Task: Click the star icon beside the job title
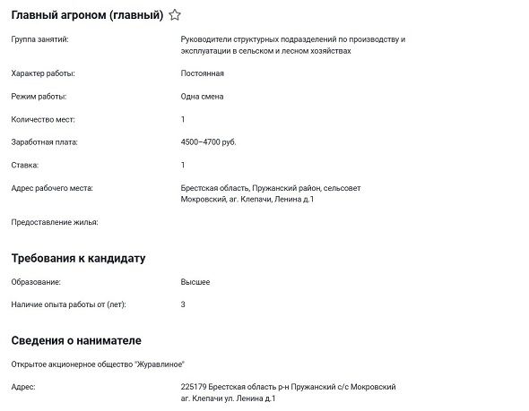coord(175,15)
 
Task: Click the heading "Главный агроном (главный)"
coord(87,15)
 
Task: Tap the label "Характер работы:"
coord(43,73)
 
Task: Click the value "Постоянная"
coord(202,73)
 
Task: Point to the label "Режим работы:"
coord(39,96)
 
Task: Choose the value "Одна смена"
coord(202,96)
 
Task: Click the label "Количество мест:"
coord(43,119)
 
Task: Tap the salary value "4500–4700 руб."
coord(208,142)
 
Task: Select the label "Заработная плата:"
coord(45,142)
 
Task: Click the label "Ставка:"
coord(25,166)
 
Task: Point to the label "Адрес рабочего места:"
coord(52,188)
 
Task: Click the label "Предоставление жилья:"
coord(54,222)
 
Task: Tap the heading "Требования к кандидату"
coord(78,259)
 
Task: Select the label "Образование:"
coord(36,282)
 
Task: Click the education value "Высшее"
coord(195,282)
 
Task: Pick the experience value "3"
coord(183,304)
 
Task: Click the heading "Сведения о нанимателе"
coord(75,341)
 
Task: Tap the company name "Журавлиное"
coord(159,364)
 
